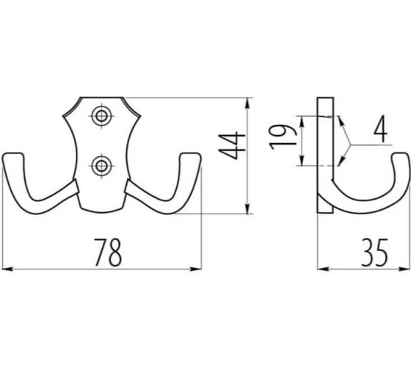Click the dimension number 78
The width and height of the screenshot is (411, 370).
tap(108, 253)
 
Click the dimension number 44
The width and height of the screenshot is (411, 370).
tap(232, 145)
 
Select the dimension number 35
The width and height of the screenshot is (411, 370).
tap(374, 253)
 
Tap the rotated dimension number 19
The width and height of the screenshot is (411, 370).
tap(283, 137)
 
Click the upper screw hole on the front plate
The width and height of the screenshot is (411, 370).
tap(101, 116)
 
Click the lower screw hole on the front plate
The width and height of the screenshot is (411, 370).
tap(101, 166)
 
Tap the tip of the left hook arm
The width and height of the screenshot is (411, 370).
tap(13, 154)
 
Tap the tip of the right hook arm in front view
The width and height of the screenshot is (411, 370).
tap(191, 154)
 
